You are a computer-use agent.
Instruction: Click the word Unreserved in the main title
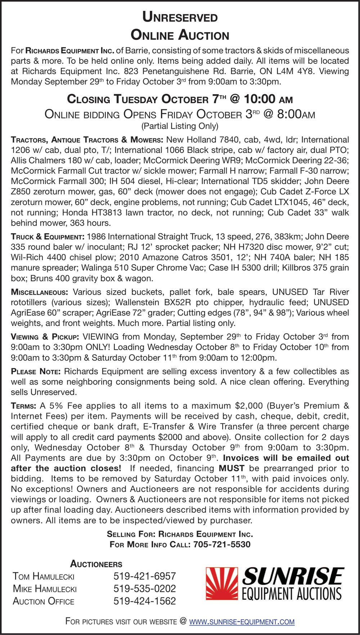(180, 17)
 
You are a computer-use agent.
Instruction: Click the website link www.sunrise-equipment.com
(242, 621)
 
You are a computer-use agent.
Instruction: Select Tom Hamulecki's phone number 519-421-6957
(145, 576)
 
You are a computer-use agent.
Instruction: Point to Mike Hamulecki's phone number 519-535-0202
(145, 589)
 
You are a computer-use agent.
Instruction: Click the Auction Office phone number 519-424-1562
(145, 601)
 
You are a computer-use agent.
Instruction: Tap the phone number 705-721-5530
(222, 544)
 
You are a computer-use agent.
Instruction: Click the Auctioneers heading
(96, 564)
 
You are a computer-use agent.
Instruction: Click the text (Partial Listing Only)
(180, 126)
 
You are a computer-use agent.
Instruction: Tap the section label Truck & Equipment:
(48, 237)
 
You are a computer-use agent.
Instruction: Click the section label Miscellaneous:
(39, 292)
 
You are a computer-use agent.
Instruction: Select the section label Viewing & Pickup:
(45, 337)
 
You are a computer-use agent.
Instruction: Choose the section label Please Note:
(36, 372)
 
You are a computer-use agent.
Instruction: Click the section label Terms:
(23, 406)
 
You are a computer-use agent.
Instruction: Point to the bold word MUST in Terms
(231, 468)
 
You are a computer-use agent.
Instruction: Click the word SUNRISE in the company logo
(293, 576)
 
